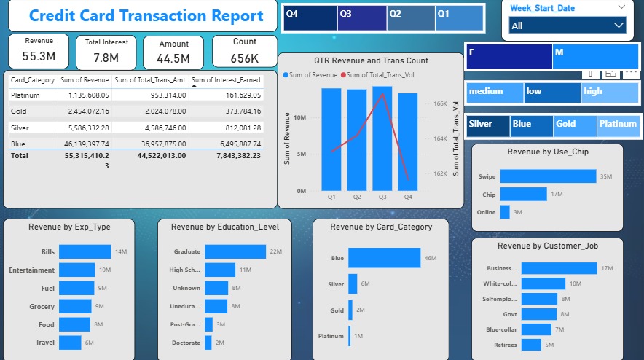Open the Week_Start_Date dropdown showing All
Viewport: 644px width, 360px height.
click(567, 26)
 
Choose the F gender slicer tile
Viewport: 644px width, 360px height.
click(508, 57)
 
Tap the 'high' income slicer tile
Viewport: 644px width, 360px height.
click(609, 92)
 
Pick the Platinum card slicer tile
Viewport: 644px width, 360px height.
click(618, 125)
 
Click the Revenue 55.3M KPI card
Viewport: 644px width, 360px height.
click(39, 50)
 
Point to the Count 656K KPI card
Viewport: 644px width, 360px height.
click(244, 50)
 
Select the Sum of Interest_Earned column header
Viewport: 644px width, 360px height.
click(227, 80)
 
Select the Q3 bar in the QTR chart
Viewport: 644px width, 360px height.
click(382, 138)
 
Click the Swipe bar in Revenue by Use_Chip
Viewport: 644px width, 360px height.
click(547, 176)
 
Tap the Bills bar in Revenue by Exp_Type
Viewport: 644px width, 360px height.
click(85, 251)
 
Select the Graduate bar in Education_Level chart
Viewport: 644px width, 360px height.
click(235, 251)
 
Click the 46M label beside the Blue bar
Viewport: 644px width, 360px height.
click(430, 258)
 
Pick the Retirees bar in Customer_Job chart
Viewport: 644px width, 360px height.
click(532, 345)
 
